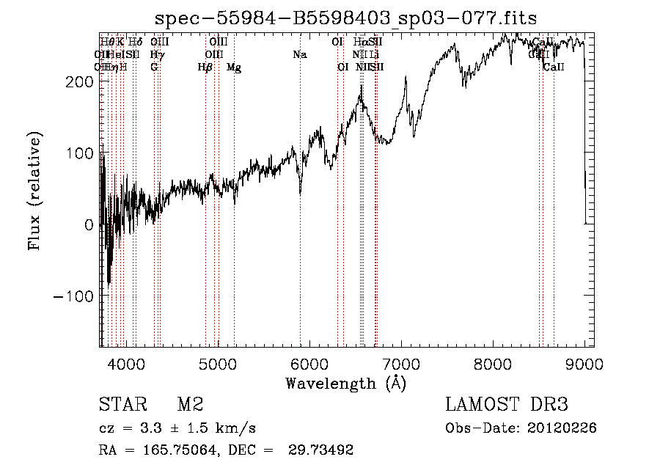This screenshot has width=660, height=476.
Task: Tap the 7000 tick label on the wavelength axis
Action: click(x=401, y=364)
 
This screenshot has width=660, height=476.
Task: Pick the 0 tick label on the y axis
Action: click(x=89, y=225)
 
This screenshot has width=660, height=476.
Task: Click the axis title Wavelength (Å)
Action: click(x=345, y=383)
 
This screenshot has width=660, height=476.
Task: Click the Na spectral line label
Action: click(x=299, y=55)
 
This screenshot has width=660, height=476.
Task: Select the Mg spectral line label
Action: click(x=233, y=67)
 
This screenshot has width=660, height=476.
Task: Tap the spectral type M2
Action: click(x=189, y=405)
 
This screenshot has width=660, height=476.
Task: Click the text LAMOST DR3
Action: click(x=507, y=405)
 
